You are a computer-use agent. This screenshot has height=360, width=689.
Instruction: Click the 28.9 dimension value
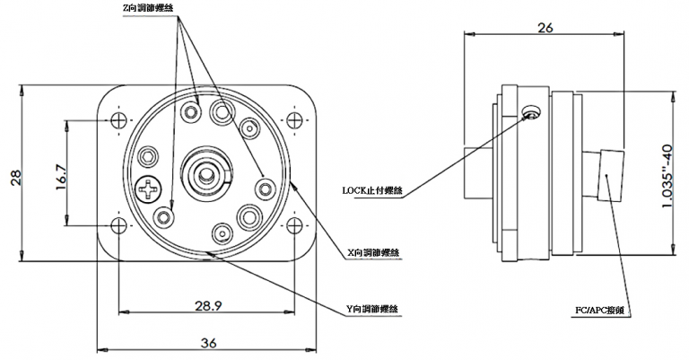pos(208,305)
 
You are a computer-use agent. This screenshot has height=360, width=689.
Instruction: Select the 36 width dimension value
pos(208,342)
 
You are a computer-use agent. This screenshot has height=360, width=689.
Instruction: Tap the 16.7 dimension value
pos(61,177)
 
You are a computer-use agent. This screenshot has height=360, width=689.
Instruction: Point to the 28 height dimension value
pos(16,178)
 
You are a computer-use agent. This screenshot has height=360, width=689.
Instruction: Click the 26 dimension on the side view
pos(545,28)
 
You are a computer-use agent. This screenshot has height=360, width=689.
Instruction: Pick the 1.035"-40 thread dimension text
pos(667,176)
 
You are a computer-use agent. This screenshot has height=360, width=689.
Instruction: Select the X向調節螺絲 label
pos(372,253)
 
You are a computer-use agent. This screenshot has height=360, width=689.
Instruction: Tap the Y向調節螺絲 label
pos(372,309)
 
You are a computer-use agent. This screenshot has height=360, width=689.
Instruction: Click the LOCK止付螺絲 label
pos(372,190)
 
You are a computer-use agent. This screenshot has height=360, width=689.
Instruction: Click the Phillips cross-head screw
pos(148,189)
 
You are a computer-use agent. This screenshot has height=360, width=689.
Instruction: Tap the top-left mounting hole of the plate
pos(118,119)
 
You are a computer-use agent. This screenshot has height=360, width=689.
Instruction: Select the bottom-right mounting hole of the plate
pos(294,226)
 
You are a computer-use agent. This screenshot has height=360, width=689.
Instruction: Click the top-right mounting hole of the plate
pos(294,119)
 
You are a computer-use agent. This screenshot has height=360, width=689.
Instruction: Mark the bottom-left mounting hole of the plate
pos(118,226)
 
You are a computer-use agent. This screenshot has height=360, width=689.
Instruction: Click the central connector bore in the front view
pos(205,173)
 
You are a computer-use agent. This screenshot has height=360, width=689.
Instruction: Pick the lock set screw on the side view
pos(530,113)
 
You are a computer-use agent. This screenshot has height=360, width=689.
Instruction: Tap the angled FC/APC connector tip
pos(611,175)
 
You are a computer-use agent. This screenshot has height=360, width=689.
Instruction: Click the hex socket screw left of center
pos(148,156)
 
